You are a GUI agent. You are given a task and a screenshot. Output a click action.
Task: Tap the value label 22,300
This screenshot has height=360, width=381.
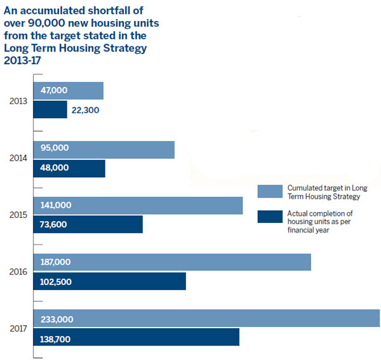(x=85, y=110)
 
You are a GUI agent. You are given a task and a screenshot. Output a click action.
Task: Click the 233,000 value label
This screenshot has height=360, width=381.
(x=57, y=319)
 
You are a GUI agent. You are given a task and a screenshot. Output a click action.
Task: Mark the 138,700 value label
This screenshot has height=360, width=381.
(x=55, y=339)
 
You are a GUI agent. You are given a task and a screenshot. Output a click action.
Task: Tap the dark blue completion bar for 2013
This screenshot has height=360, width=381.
(x=50, y=110)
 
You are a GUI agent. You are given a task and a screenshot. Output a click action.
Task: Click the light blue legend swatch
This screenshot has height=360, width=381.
(x=270, y=191)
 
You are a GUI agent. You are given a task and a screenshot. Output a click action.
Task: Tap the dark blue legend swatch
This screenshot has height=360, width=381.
(x=270, y=217)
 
